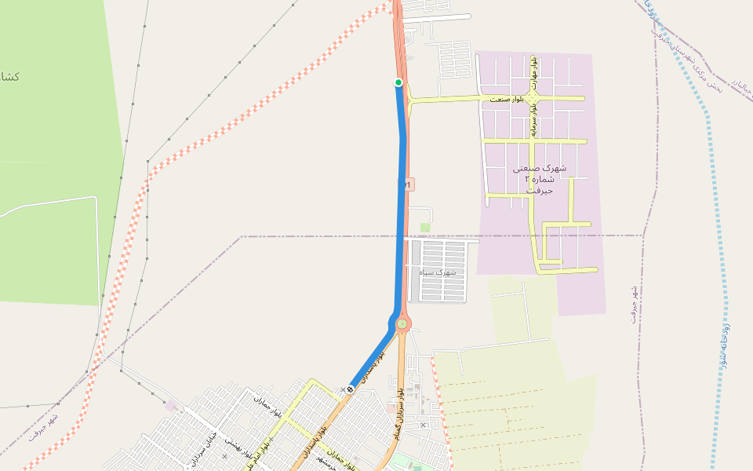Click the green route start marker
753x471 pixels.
point(398,82)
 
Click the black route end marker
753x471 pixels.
point(350,389)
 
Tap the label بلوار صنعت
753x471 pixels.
point(506,100)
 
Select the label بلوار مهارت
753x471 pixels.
point(534,72)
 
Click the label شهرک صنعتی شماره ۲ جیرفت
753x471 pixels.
point(539,179)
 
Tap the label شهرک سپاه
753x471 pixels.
point(437,272)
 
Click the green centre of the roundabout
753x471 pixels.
point(402,323)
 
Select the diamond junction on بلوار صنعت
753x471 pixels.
point(533,98)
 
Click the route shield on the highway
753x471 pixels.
point(409,184)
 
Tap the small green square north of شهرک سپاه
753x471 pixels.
point(425,228)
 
